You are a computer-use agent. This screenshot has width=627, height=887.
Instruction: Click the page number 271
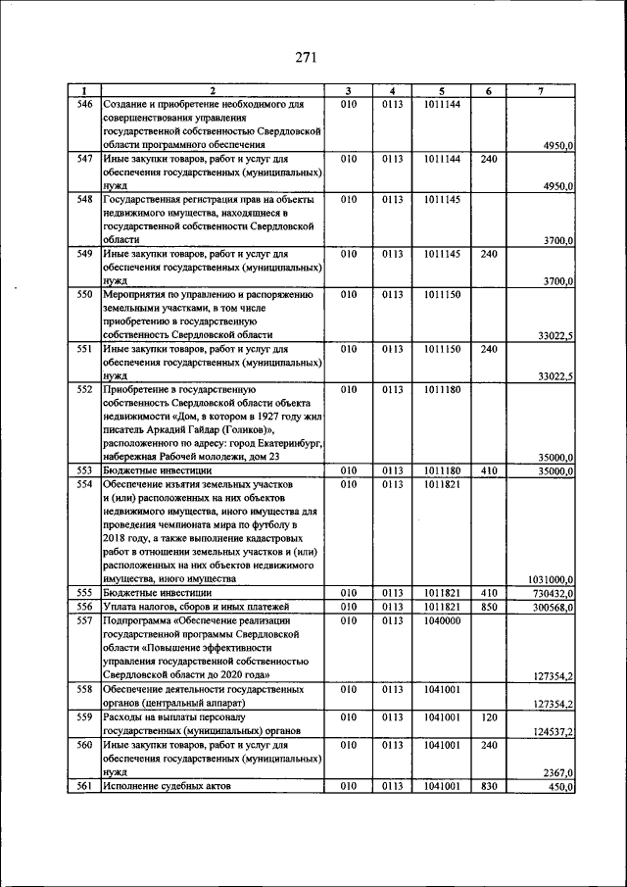(305, 57)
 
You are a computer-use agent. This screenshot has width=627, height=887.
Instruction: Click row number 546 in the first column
(84, 103)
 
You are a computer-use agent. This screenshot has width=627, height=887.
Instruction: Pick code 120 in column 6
(489, 716)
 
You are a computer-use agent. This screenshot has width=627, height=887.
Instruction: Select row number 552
(84, 388)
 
